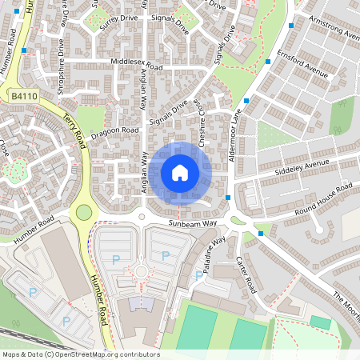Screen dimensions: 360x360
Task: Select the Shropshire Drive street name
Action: (x=62, y=71)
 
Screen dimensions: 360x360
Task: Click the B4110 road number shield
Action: (x=24, y=96)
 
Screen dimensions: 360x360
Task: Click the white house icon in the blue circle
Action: (x=180, y=173)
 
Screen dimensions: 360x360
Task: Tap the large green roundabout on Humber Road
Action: (x=83, y=212)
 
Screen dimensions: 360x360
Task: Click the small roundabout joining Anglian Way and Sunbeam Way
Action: (x=142, y=216)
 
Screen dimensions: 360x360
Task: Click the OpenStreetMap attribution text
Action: (x=81, y=354)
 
